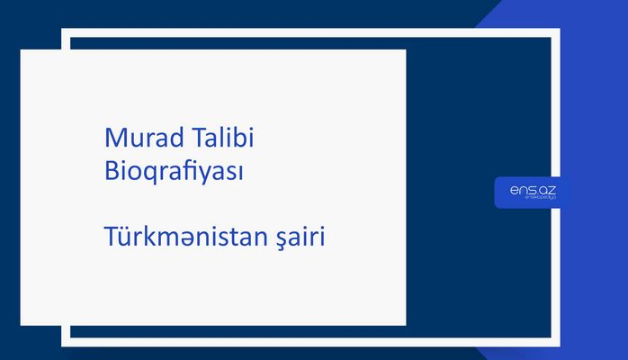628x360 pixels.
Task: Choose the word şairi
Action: click(302, 239)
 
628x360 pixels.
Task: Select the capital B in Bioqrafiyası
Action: click(112, 170)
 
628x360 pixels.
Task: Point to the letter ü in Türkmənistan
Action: click(125, 239)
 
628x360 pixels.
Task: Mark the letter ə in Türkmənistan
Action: click(189, 240)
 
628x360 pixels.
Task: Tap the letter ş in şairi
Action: click(284, 241)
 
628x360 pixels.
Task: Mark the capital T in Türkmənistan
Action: click(111, 238)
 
